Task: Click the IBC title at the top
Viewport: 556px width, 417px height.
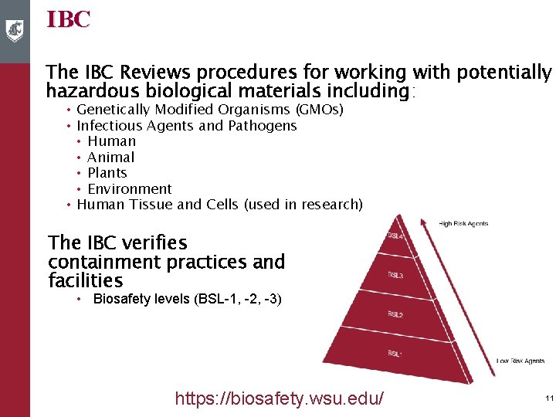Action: [x=68, y=19]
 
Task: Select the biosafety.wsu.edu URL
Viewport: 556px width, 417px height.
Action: [x=280, y=398]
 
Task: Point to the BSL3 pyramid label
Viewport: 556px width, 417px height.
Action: [x=395, y=275]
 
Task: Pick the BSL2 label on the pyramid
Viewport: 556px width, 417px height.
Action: [x=395, y=314]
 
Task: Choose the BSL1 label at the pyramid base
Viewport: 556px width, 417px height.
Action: [x=395, y=353]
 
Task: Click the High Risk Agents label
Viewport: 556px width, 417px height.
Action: [x=463, y=224]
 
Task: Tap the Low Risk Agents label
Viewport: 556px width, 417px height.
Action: [x=520, y=361]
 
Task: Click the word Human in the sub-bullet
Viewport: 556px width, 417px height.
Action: [x=111, y=141]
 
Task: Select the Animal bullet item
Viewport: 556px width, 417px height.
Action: [x=110, y=158]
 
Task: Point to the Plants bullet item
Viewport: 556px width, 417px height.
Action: [x=107, y=173]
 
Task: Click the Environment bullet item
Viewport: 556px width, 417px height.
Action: [x=129, y=189]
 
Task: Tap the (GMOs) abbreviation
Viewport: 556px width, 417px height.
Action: [x=320, y=110]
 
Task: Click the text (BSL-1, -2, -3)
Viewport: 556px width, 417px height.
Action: [x=239, y=299]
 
